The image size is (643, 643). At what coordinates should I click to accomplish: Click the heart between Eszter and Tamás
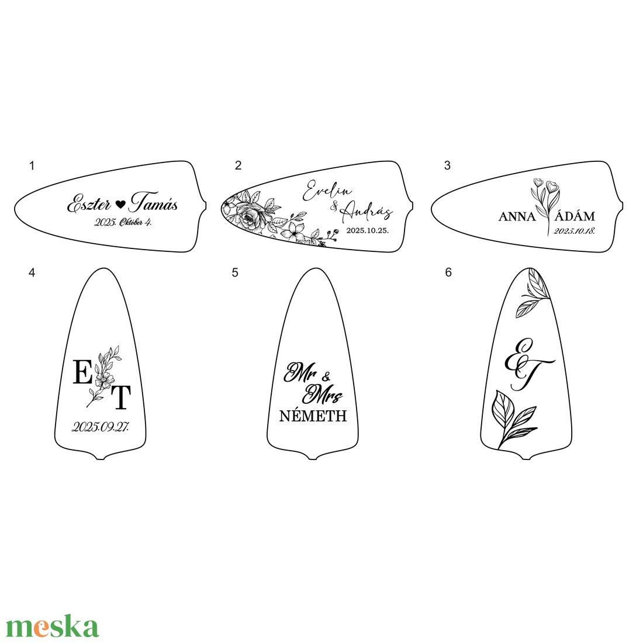(120, 204)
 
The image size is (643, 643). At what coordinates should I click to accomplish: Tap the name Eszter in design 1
(89, 203)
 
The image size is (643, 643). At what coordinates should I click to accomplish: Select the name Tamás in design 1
(153, 202)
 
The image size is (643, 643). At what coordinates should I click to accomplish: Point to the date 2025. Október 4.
(123, 222)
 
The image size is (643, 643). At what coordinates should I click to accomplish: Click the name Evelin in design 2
(327, 191)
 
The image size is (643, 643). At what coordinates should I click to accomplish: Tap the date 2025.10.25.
(368, 230)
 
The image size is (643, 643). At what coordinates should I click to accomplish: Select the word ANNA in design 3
(517, 216)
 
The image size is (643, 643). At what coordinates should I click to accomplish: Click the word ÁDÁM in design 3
(575, 216)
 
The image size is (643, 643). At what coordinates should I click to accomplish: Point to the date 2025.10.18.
(574, 231)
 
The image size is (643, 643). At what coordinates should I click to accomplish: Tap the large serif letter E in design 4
(82, 372)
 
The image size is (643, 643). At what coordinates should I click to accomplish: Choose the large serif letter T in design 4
(121, 397)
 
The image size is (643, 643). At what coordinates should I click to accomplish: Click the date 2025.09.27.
(101, 427)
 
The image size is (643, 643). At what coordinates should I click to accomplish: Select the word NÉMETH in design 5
(313, 416)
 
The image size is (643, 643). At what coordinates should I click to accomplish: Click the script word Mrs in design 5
(322, 394)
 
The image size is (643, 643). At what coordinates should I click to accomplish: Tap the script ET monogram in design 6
(528, 364)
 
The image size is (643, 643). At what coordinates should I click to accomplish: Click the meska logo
(53, 626)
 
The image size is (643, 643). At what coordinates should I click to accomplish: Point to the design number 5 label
(234, 273)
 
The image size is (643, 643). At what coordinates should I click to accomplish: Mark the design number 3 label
(447, 165)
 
